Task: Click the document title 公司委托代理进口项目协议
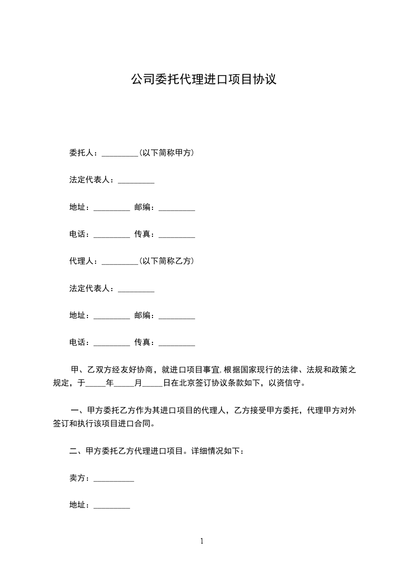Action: (203, 80)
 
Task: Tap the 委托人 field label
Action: (81, 153)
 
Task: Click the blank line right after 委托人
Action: (120, 154)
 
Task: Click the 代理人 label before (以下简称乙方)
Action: (81, 261)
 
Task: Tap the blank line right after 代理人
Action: (120, 263)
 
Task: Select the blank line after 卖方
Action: (114, 480)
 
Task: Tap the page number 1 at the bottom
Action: (202, 541)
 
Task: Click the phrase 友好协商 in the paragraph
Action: (139, 369)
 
